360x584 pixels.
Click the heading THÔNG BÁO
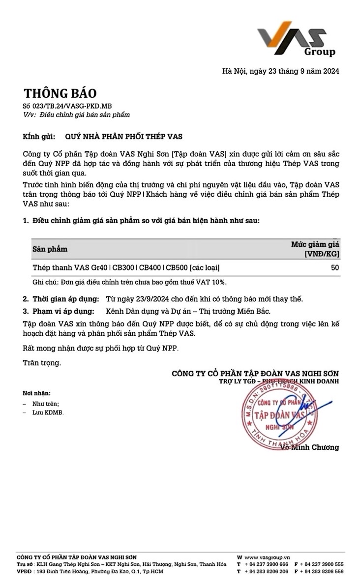(x=60, y=93)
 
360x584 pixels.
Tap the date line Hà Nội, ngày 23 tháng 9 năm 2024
(x=281, y=71)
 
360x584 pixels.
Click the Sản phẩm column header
(x=50, y=249)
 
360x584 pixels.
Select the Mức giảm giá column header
(x=315, y=248)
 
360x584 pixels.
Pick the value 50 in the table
(x=335, y=267)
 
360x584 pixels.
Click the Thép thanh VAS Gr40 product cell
(x=126, y=267)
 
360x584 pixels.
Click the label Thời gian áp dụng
(x=66, y=299)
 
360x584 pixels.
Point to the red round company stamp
(x=278, y=412)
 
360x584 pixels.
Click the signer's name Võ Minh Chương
(x=310, y=447)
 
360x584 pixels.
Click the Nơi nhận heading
(x=36, y=393)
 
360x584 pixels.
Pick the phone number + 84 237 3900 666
(x=266, y=564)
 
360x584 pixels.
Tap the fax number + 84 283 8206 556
(x=321, y=572)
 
